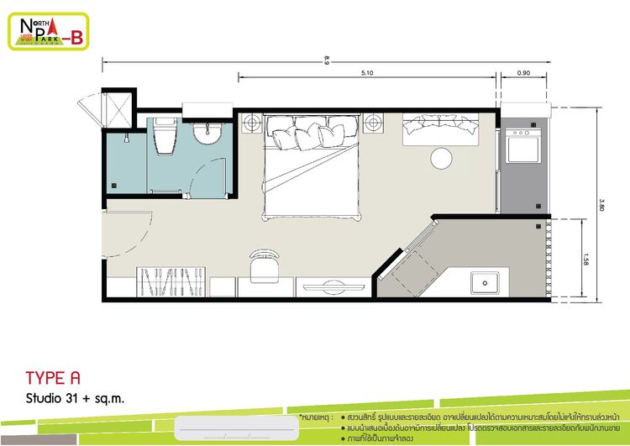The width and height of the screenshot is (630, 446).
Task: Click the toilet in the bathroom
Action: point(165,137)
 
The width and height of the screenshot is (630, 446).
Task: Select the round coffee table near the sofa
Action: point(442,157)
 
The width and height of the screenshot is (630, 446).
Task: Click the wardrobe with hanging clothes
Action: point(172,282)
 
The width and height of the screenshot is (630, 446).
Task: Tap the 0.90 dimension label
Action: point(524,75)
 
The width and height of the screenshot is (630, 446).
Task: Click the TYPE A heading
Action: point(52,377)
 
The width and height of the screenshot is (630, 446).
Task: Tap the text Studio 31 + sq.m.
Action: point(75,398)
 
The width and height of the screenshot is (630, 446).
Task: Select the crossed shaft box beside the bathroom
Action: point(116,108)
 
